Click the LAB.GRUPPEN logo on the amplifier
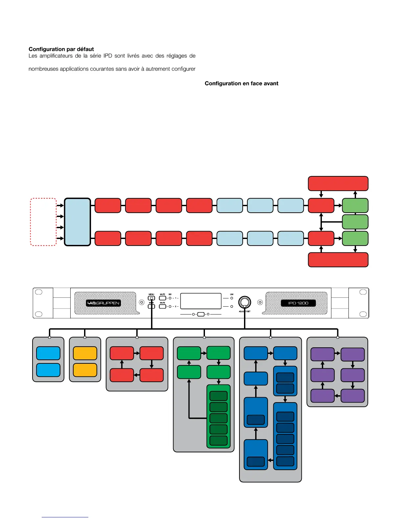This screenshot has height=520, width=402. coord(103,303)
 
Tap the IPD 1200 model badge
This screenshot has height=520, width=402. coord(298,303)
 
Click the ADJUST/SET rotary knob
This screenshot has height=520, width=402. coord(244,302)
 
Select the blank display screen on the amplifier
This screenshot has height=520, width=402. coord(201,301)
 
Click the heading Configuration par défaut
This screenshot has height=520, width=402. coord(61,49)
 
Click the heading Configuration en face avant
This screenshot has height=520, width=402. coord(241,83)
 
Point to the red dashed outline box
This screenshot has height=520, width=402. coord(43,222)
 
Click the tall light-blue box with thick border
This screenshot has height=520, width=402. coord(78,222)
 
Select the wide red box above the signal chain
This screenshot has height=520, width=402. coord(338,184)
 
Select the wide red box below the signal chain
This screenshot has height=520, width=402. coord(338,260)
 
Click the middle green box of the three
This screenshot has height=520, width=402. coord(355,222)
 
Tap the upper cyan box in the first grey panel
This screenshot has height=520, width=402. coord(48,353)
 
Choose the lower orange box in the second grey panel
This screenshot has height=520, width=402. coord(85,370)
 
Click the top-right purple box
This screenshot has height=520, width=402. coord(352,355)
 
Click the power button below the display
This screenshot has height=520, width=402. coord(201,314)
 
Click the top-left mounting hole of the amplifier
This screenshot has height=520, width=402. coord(38,292)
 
